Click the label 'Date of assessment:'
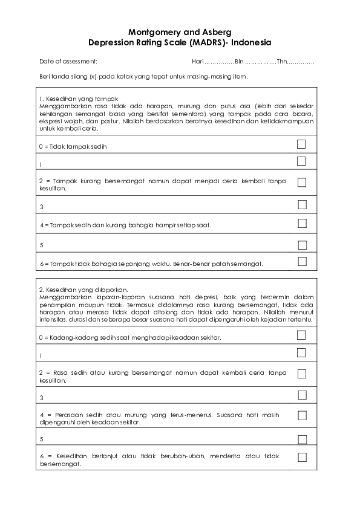point(68,62)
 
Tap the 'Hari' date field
point(212,62)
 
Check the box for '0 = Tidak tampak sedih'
point(302,144)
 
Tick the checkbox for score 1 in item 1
point(302,161)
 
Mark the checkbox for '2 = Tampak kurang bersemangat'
point(302,183)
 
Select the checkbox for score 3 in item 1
point(302,204)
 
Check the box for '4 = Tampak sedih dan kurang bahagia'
point(302,223)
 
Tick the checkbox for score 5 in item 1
point(302,245)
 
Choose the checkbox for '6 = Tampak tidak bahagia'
point(302,262)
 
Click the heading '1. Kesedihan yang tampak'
point(78,99)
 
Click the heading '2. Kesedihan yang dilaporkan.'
point(85,290)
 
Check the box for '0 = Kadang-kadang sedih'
point(302,335)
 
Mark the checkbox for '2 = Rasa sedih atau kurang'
point(302,374)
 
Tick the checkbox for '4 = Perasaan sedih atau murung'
point(302,416)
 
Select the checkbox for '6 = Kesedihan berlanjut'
point(302,458)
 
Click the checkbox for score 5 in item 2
point(302,439)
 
